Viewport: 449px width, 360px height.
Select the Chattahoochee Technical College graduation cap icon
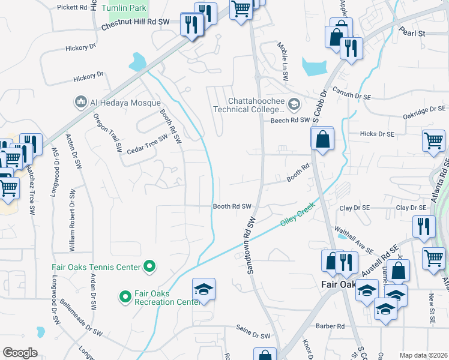294,105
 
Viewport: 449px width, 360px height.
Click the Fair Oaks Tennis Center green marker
150,266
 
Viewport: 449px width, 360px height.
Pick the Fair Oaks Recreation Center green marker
125,296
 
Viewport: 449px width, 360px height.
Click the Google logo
20,353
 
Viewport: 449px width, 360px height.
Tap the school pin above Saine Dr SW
203,290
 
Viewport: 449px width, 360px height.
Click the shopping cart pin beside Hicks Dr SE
433,141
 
